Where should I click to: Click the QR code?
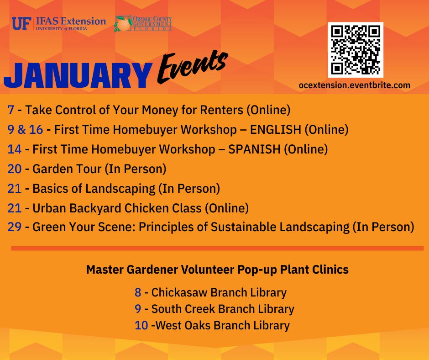[x=355, y=50]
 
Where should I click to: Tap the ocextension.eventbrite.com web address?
[x=354, y=85]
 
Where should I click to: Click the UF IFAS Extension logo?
[x=58, y=23]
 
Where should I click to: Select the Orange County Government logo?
[x=143, y=23]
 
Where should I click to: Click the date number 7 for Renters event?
[x=11, y=110]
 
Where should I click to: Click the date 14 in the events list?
[x=15, y=149]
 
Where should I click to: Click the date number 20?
[x=15, y=169]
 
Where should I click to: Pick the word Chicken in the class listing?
[x=141, y=208]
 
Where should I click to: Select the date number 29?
[x=15, y=228]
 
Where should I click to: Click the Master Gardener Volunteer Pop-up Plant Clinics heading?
[x=217, y=270]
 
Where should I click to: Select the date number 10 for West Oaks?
[x=141, y=326]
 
